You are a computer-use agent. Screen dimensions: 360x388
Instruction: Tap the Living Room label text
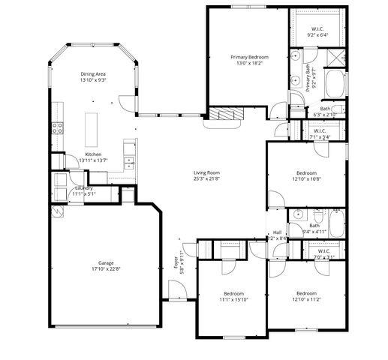click(206, 172)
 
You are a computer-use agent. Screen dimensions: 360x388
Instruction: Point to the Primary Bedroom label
click(249, 57)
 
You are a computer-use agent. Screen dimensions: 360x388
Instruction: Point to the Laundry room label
click(83, 187)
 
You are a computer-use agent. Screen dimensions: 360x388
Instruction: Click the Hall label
click(277, 232)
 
